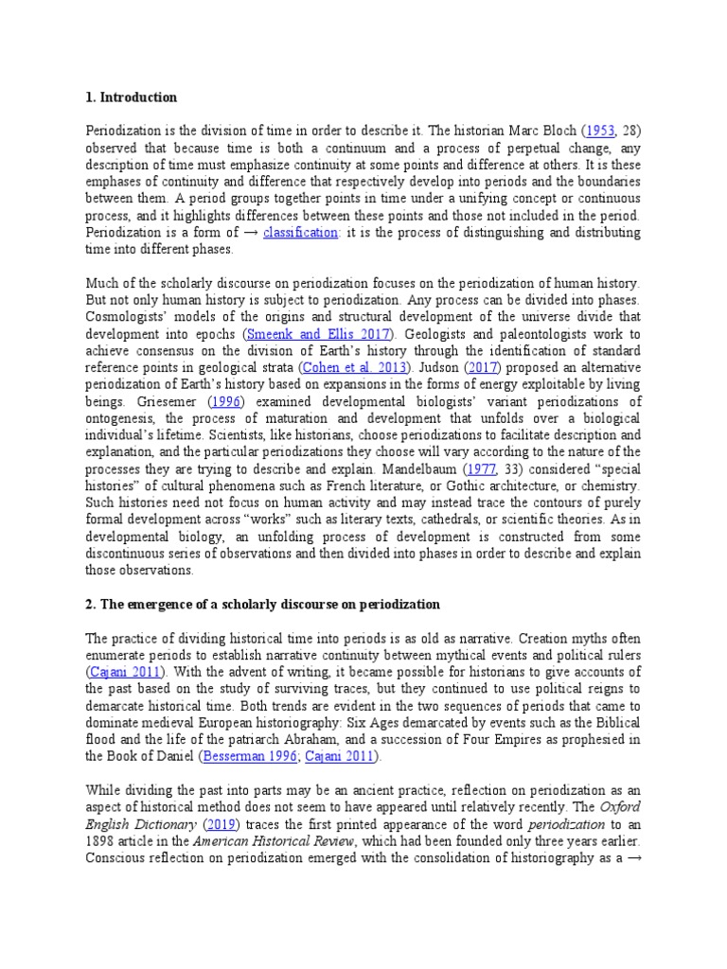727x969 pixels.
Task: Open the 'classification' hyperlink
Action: tap(299, 233)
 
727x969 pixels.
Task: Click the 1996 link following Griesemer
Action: tap(227, 402)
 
